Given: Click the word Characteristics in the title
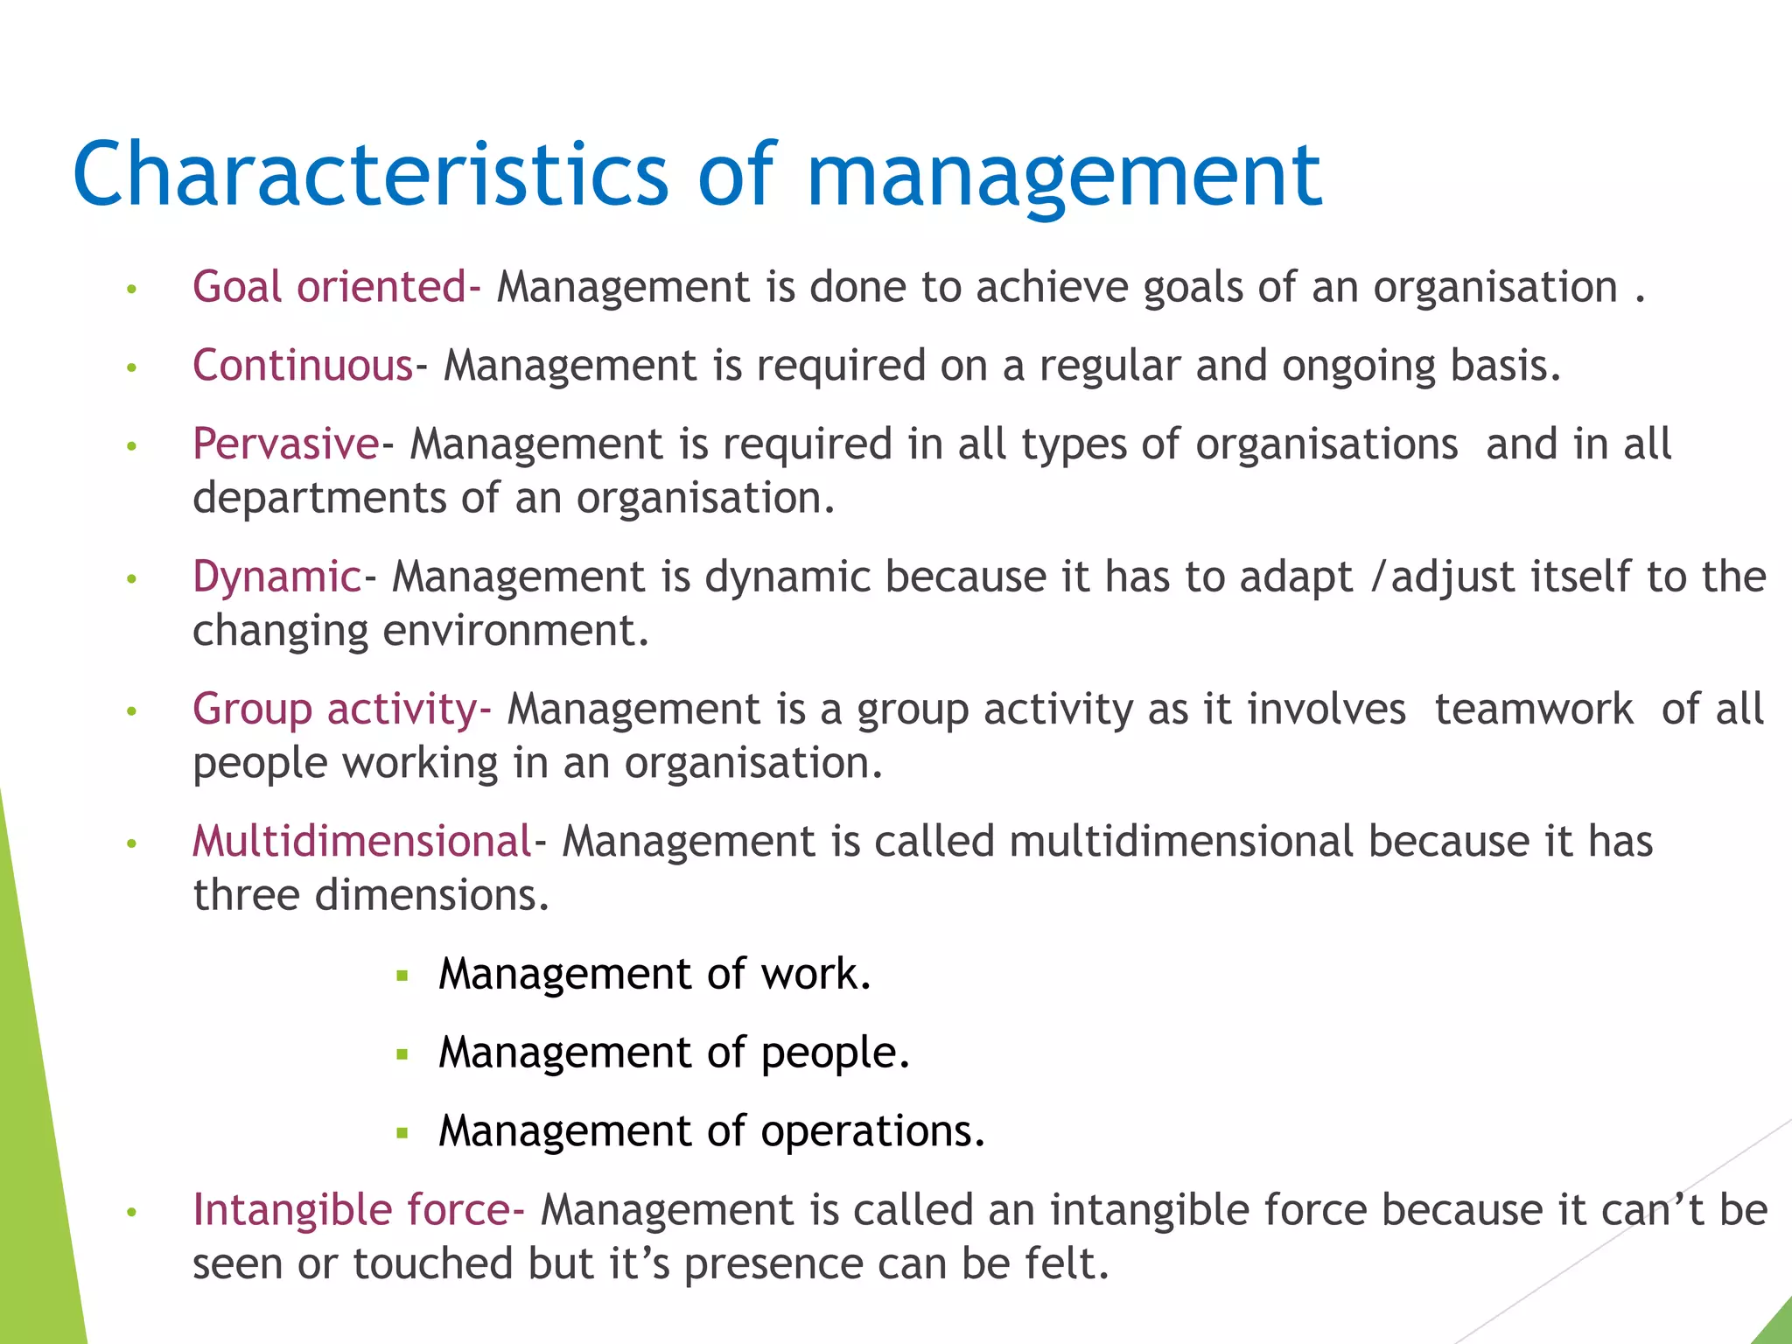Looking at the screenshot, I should (x=371, y=175).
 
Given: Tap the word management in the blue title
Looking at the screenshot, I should (x=1063, y=175).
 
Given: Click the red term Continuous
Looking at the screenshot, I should (x=303, y=366).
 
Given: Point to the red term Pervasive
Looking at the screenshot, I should (x=285, y=444).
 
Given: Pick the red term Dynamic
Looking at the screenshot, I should (x=276, y=577).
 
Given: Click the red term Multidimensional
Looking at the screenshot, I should (x=362, y=842).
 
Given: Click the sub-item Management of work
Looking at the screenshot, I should (x=654, y=974).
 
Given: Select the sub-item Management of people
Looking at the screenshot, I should (x=674, y=1053).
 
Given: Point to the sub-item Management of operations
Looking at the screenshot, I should (x=711, y=1131).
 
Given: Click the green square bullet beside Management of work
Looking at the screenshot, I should (x=402, y=976).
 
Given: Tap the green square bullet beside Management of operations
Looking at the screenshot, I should (x=402, y=1133).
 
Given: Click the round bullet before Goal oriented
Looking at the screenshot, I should (x=132, y=289).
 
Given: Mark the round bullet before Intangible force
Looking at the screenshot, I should (x=132, y=1212).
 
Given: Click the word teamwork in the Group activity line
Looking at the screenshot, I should (x=1534, y=709).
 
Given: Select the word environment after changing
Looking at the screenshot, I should (x=509, y=631).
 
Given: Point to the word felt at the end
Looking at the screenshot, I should (x=1073, y=1263).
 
